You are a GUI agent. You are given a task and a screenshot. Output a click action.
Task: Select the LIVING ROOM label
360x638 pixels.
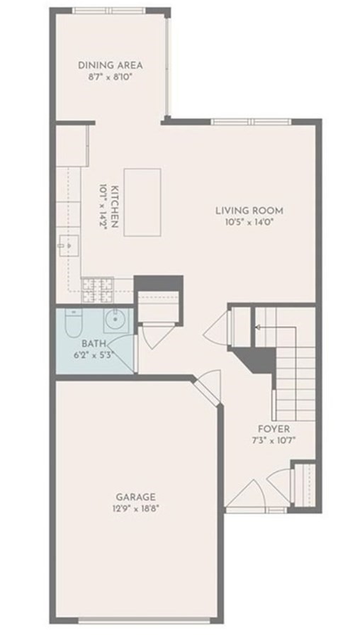249,211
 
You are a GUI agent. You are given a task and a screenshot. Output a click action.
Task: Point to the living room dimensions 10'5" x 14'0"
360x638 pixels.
249,221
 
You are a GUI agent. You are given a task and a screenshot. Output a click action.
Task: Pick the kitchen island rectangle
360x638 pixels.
142,202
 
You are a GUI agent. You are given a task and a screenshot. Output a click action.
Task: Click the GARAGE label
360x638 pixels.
135,497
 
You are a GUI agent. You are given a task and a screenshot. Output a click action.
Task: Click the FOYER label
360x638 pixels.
274,430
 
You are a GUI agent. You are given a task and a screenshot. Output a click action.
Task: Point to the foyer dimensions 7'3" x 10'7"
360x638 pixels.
274,440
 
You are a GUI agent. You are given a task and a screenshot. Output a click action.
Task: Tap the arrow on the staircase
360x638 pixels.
258,328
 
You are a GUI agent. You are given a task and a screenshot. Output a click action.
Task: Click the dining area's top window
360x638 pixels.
109,10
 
